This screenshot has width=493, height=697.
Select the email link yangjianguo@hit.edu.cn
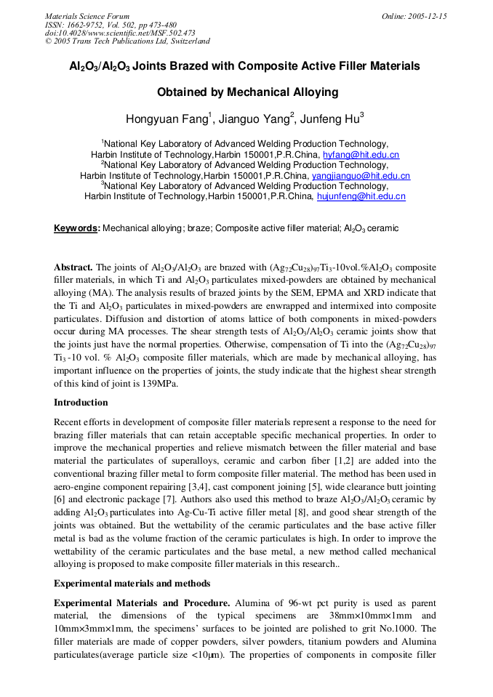click(361, 176)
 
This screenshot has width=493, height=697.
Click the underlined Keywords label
click(76, 228)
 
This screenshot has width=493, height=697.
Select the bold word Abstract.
click(73, 267)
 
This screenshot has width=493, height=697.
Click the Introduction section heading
click(81, 403)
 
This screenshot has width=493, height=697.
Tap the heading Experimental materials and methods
click(132, 584)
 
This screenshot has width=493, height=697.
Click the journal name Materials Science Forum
click(87, 16)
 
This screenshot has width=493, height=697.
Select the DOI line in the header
click(120, 33)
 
